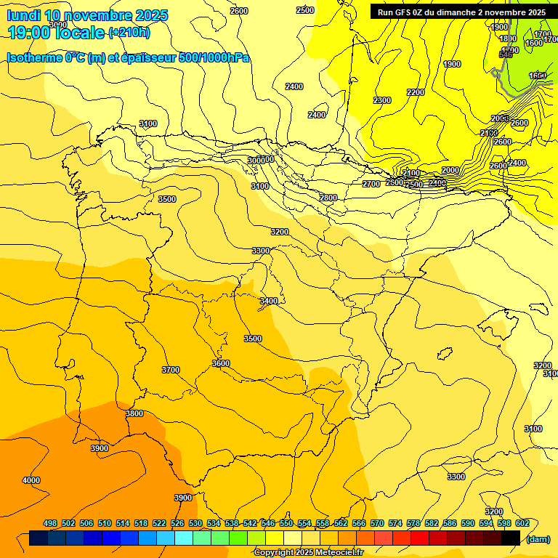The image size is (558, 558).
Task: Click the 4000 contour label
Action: [31, 480]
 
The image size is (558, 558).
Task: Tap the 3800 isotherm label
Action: [134, 413]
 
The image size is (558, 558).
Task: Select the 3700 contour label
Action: [171, 370]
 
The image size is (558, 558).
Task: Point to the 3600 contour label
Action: [221, 363]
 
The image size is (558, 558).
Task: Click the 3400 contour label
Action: [269, 301]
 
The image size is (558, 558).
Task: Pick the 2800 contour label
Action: [328, 198]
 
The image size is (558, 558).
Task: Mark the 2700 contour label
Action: [371, 184]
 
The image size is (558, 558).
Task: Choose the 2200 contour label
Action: [416, 92]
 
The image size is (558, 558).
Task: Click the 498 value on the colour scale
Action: [50, 523]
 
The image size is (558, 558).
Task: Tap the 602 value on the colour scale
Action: [522, 523]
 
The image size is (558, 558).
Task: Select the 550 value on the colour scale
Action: [286, 523]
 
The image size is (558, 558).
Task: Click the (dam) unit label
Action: [538, 538]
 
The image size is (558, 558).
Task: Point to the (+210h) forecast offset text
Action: [129, 33]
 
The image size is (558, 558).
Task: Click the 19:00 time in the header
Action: [30, 33]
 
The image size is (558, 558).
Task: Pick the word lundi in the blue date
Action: [23, 15]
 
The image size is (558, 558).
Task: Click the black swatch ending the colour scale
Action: [511, 538]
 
